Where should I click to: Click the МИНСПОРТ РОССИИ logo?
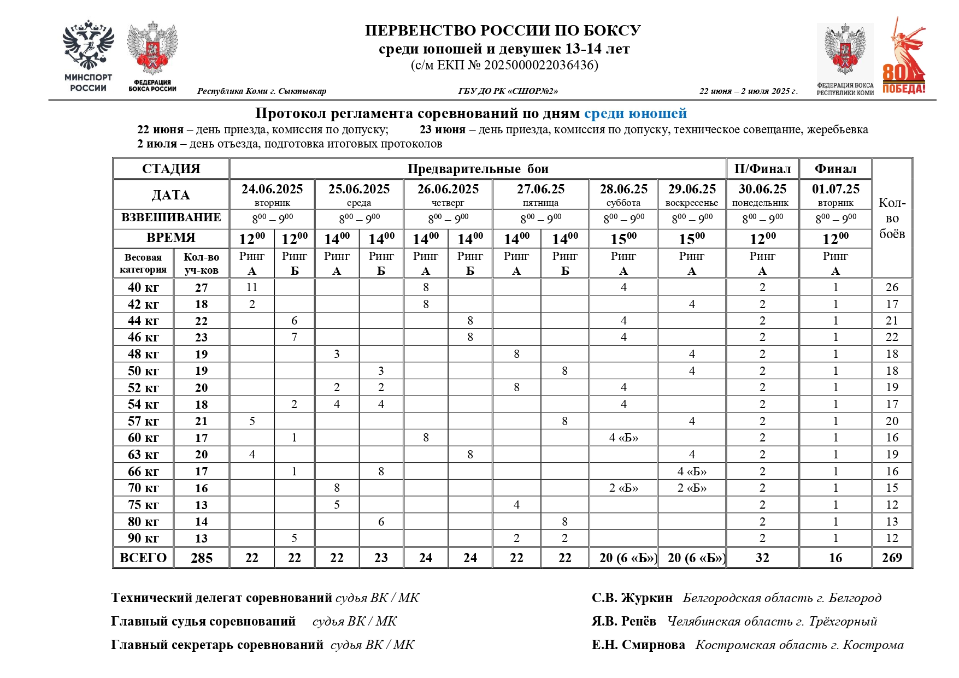tap(88, 57)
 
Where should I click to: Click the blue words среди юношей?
tap(635, 114)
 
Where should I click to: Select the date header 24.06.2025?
tap(272, 189)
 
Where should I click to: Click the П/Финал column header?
tap(762, 169)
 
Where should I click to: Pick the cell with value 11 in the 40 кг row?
tap(251, 287)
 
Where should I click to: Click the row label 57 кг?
tap(143, 421)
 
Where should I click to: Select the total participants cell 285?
tap(201, 558)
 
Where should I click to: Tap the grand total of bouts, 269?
tap(891, 558)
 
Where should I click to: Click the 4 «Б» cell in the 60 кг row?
tap(623, 438)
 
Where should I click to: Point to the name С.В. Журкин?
tap(632, 598)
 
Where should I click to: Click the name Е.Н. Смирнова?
tap(638, 645)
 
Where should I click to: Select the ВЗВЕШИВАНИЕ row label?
tap(171, 217)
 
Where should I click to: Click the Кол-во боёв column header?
tap(891, 218)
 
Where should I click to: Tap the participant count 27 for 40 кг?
tap(201, 287)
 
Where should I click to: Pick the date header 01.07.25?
tap(835, 189)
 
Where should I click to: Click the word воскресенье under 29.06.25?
tap(691, 203)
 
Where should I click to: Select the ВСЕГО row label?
tap(143, 558)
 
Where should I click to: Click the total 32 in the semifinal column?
tap(762, 558)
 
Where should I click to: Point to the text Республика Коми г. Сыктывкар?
tap(261, 91)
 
